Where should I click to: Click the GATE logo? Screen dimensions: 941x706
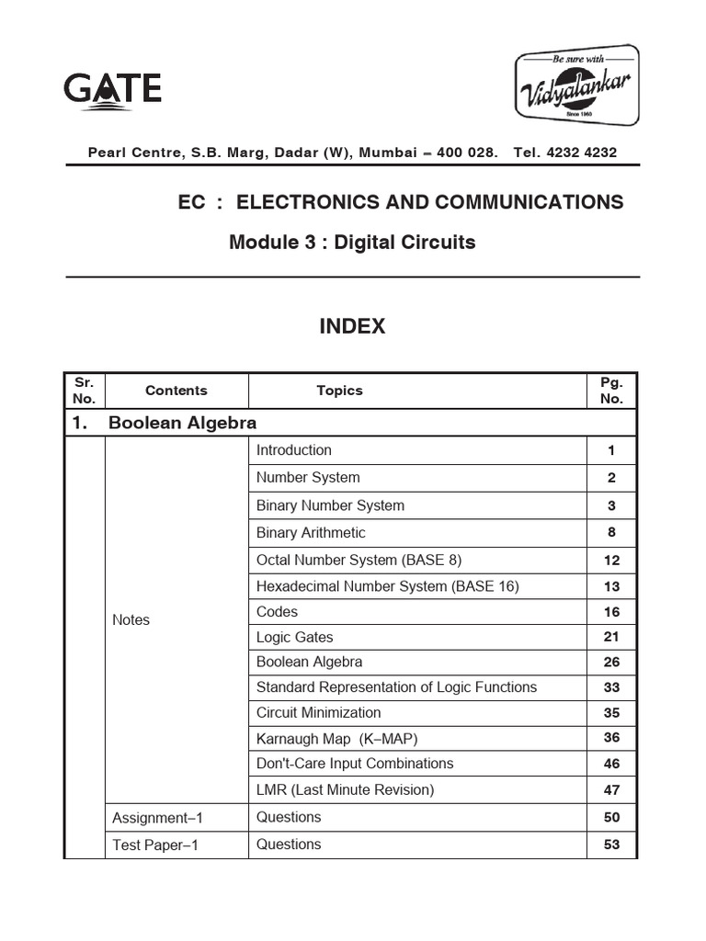click(x=112, y=91)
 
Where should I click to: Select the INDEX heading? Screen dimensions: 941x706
click(x=352, y=326)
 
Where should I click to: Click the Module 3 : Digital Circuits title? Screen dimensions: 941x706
click(x=352, y=243)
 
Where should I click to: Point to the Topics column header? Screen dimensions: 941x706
click(x=339, y=391)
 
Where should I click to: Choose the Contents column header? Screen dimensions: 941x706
click(x=176, y=391)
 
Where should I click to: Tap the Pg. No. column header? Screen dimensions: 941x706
click(x=611, y=391)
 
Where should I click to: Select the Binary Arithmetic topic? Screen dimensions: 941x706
click(x=311, y=533)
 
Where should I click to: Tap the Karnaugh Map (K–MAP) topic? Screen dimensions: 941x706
click(x=338, y=738)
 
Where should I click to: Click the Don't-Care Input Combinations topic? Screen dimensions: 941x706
click(x=355, y=764)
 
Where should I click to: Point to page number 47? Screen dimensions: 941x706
click(x=611, y=789)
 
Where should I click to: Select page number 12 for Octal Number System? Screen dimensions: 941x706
click(x=611, y=561)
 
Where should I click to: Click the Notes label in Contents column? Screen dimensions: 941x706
click(x=131, y=620)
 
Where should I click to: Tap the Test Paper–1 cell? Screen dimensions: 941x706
click(x=153, y=845)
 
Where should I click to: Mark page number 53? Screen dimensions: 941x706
click(x=611, y=845)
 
